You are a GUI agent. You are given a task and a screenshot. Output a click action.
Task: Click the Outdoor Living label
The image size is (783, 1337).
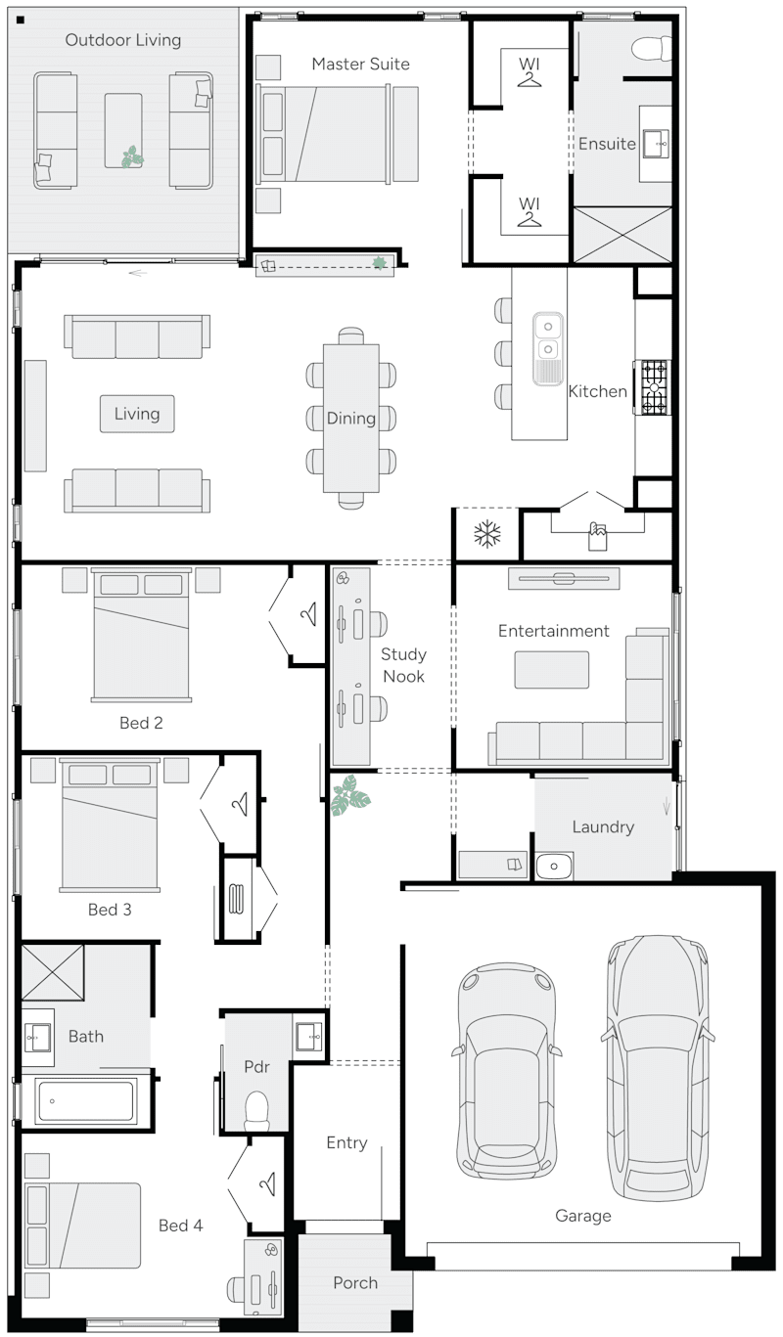tap(123, 40)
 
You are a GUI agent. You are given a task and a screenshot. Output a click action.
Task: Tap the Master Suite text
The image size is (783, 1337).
tap(360, 65)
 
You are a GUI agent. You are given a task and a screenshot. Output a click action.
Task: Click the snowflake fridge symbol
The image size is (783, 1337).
tap(486, 534)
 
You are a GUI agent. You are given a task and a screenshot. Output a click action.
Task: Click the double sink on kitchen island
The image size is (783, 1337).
tap(547, 337)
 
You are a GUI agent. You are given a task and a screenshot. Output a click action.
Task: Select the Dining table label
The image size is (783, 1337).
tap(350, 419)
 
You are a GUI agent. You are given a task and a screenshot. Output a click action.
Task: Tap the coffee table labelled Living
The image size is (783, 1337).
tap(137, 414)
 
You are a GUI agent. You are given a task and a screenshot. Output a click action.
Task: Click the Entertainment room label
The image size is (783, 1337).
tap(553, 631)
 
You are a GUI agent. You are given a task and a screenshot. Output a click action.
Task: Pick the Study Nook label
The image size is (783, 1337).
tap(403, 665)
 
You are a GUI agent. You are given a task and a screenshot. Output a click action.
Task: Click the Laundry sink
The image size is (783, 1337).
tap(554, 866)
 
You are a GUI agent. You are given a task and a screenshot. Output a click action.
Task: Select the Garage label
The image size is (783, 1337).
tap(582, 1216)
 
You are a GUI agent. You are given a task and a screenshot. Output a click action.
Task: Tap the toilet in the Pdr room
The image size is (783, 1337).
tap(256, 1109)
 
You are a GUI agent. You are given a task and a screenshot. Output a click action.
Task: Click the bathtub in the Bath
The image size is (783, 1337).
tap(86, 1101)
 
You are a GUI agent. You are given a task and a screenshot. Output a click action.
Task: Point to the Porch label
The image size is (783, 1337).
tap(354, 1283)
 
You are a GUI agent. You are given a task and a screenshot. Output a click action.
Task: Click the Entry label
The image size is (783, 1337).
tap(346, 1142)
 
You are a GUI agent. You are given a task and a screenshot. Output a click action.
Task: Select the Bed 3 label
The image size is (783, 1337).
tap(110, 910)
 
